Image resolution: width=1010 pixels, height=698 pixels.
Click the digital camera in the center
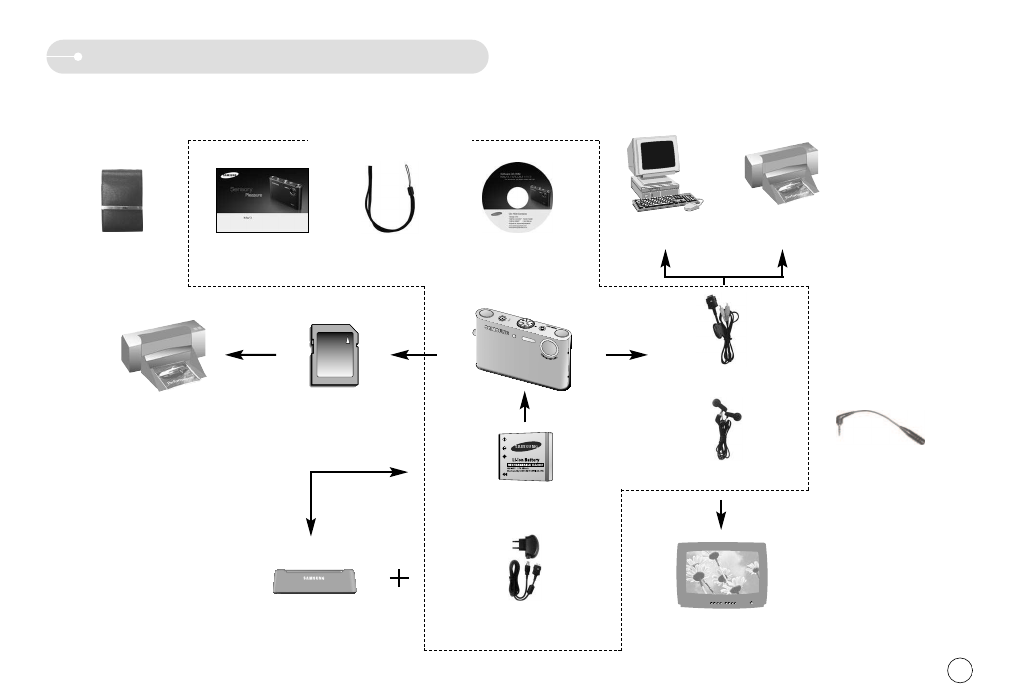pos(521,349)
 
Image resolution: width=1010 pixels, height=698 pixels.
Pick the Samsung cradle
pos(314,581)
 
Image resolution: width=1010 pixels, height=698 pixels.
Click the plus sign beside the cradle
pos(400,579)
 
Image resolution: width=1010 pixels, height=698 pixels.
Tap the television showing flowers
pos(720,576)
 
